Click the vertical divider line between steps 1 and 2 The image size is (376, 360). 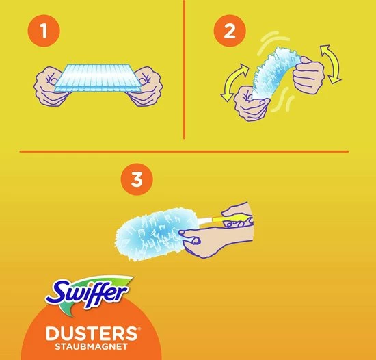coord(185,68)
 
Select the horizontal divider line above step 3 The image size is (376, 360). coord(185,151)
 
